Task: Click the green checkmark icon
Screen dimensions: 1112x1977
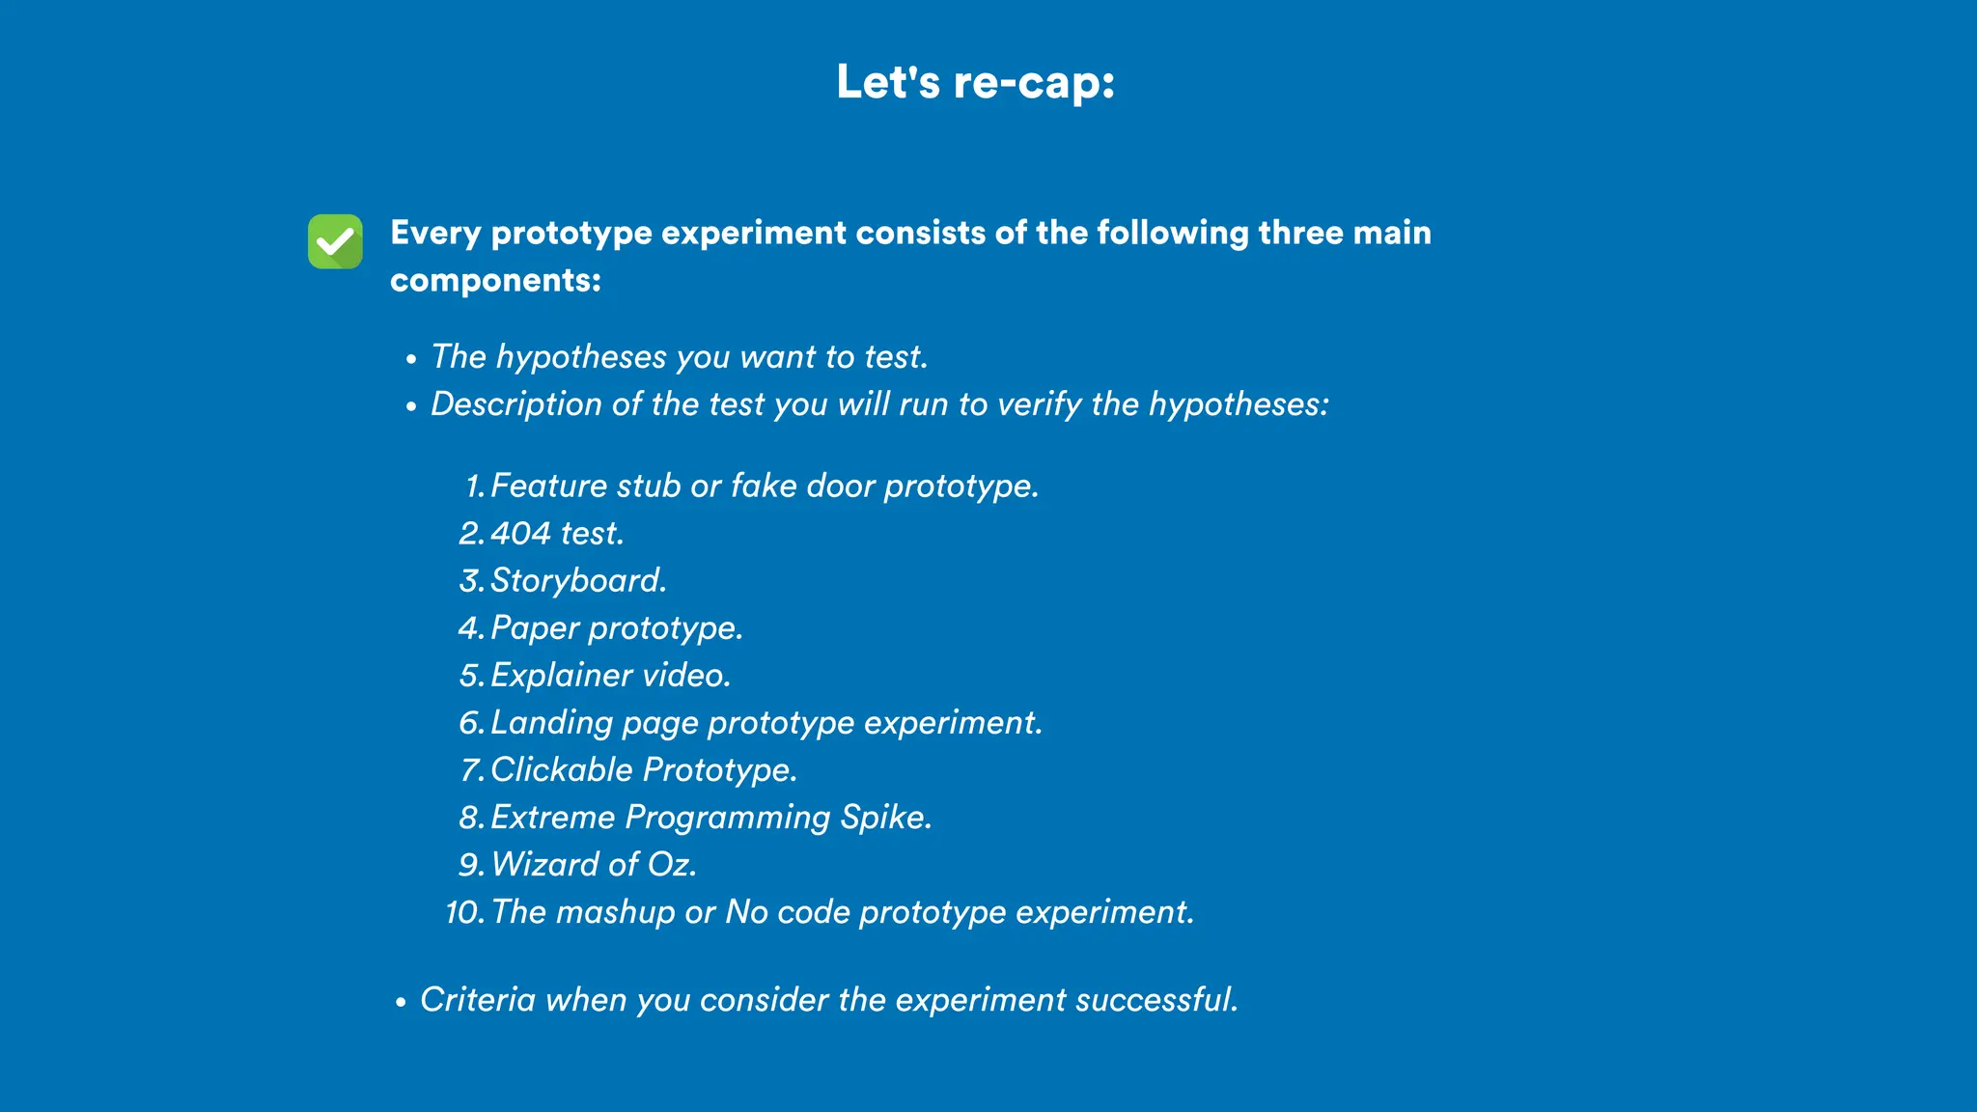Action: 335,241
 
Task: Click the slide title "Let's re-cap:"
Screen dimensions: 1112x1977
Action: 976,82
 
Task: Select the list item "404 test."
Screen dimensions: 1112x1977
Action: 557,533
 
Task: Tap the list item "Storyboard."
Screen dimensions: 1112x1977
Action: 578,580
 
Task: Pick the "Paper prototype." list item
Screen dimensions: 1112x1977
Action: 617,627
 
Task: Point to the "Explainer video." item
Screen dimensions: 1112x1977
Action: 610,675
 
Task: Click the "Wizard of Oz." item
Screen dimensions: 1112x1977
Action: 594,864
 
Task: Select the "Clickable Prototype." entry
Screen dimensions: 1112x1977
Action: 644,769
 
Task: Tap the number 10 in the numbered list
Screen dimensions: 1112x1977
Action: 464,912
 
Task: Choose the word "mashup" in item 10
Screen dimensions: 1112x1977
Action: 615,912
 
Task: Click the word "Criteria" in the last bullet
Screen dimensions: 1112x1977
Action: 478,999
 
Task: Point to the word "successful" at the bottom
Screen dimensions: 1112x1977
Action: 1154,999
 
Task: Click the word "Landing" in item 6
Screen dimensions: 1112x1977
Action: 551,723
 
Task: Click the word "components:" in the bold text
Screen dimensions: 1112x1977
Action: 495,280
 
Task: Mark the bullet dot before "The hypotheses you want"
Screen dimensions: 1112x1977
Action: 411,359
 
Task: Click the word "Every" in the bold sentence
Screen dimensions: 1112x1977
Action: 434,234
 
